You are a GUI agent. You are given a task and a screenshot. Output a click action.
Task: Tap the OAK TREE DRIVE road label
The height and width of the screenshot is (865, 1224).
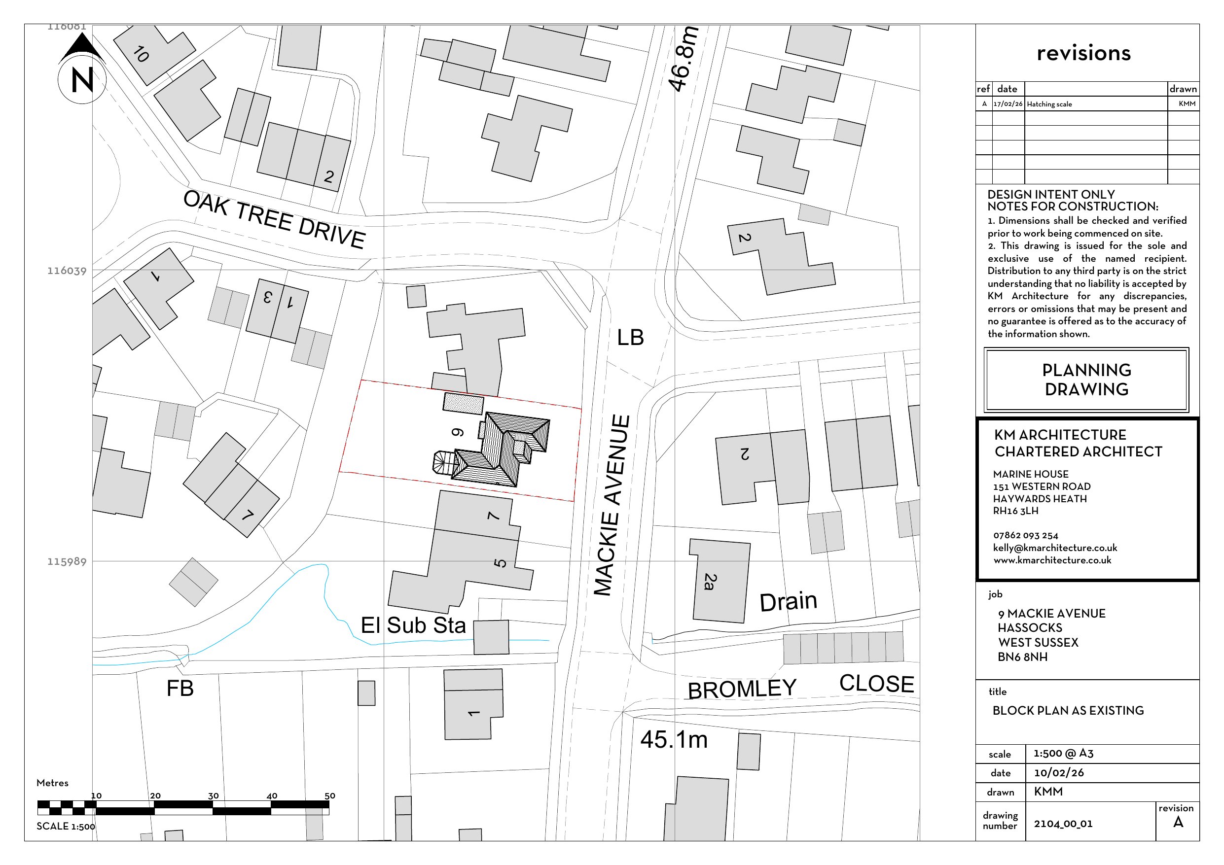click(x=274, y=219)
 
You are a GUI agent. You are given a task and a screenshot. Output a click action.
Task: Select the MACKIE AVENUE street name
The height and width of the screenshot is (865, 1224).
click(x=612, y=505)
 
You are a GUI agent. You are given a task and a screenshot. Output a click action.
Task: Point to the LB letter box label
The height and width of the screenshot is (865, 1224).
click(x=630, y=337)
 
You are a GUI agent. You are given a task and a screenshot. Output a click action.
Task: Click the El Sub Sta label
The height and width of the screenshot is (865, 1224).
click(x=413, y=625)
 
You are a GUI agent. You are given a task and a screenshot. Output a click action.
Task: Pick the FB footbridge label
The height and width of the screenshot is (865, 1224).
click(x=180, y=689)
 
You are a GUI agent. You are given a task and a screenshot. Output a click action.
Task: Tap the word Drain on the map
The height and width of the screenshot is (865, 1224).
click(x=788, y=602)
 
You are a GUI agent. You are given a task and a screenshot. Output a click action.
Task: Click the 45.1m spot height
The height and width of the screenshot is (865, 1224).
click(x=674, y=740)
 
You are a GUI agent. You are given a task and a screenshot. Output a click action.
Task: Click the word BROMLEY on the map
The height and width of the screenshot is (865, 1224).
click(x=742, y=689)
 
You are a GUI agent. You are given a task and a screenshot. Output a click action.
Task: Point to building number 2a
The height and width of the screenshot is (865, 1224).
click(x=710, y=582)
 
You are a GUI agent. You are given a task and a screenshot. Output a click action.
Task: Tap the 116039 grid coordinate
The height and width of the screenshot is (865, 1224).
click(x=67, y=271)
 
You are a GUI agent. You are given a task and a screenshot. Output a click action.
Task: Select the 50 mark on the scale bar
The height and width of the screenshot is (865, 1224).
click(x=329, y=796)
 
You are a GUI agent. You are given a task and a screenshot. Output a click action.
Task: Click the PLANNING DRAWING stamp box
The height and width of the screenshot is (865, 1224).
click(x=1086, y=380)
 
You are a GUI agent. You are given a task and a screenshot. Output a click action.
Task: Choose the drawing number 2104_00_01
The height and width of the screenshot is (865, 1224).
click(x=1063, y=824)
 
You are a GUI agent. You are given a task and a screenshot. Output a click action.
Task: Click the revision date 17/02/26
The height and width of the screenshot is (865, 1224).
click(x=1008, y=104)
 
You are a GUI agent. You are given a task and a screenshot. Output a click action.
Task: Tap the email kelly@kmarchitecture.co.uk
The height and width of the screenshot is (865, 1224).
click(x=1055, y=548)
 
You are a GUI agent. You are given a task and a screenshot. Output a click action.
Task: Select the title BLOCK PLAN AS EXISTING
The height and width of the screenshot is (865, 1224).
click(x=1068, y=710)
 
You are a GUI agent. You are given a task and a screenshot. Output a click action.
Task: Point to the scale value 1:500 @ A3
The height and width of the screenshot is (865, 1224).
click(x=1064, y=753)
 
